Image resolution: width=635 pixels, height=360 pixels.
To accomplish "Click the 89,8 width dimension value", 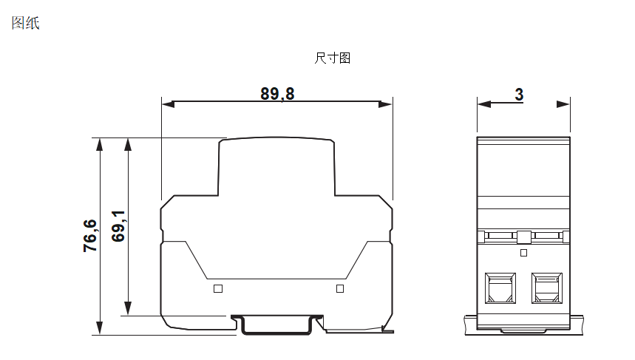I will pyautogui.click(x=277, y=94).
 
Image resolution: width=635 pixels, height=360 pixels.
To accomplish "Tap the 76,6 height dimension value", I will pyautogui.click(x=90, y=236).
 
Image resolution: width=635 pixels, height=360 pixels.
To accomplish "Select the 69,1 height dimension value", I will pyautogui.click(x=118, y=225).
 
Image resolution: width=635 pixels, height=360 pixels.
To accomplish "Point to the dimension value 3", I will pyautogui.click(x=519, y=94).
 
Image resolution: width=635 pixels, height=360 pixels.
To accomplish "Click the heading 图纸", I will pyautogui.click(x=25, y=24).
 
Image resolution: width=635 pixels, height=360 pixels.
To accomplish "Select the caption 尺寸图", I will pyautogui.click(x=332, y=58).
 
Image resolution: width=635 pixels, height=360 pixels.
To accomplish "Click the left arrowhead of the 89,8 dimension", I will pyautogui.click(x=167, y=104).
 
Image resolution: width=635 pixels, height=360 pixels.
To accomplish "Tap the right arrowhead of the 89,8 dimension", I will pyautogui.click(x=386, y=104).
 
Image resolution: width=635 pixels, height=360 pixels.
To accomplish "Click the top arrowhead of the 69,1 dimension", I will pyautogui.click(x=129, y=143).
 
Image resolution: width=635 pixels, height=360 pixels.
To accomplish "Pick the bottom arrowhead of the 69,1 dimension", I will pyautogui.click(x=129, y=310).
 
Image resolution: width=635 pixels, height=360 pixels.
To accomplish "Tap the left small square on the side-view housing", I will pyautogui.click(x=217, y=288).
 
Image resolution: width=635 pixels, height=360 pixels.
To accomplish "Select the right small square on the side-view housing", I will pyautogui.click(x=340, y=288).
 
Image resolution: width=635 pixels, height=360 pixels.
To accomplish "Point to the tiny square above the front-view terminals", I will pyautogui.click(x=523, y=253).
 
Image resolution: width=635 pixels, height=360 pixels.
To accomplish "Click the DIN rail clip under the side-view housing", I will pyautogui.click(x=278, y=326).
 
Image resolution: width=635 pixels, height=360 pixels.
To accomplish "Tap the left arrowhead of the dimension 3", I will pyautogui.click(x=483, y=104).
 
